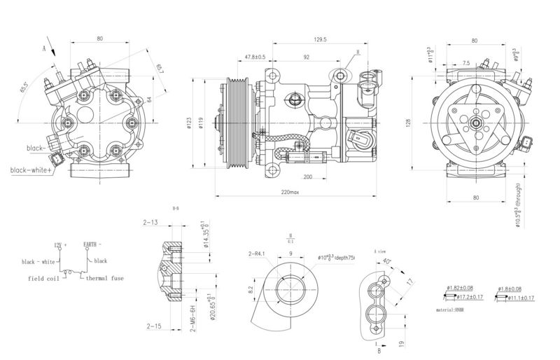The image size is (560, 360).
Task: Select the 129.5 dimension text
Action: point(322,40)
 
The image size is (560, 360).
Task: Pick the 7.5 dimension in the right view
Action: point(466,63)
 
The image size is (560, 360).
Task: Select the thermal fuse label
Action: point(105,278)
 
